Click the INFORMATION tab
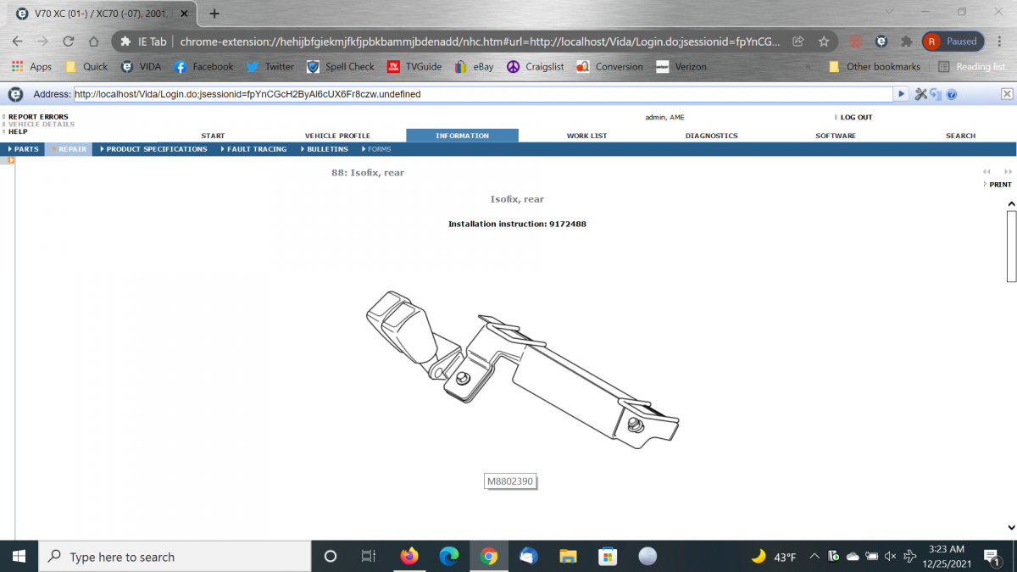point(462,136)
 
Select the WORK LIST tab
point(586,136)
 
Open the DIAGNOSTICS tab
point(711,136)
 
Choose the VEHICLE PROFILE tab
point(337,136)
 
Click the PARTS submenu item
point(23,149)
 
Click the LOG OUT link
point(856,117)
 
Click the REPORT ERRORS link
point(38,117)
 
